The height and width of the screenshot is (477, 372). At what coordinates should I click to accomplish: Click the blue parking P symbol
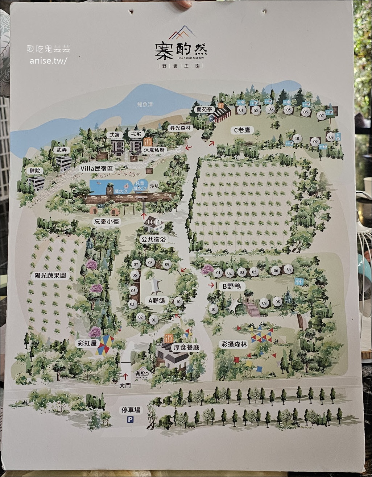point(130,420)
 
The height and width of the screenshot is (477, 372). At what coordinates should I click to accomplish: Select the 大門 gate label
point(125,386)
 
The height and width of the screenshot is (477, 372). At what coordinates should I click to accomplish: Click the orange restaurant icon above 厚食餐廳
point(169,338)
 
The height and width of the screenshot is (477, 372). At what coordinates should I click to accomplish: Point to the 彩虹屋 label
point(87,343)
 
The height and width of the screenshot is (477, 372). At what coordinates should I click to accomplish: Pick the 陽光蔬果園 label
point(50,275)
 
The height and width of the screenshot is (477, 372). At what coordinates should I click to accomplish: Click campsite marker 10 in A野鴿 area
point(178,301)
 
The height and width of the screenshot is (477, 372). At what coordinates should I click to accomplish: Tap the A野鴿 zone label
point(157,300)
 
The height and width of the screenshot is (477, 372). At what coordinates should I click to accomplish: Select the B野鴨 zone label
point(231,286)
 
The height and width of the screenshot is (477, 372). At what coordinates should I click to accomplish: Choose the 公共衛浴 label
point(152,239)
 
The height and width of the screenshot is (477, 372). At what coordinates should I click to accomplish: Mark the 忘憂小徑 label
point(107,221)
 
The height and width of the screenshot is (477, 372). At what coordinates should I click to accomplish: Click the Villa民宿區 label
point(97,168)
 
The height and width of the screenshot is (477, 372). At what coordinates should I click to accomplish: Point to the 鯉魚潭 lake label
point(145,105)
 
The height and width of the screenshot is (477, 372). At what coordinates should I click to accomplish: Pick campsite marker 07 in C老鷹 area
point(321,116)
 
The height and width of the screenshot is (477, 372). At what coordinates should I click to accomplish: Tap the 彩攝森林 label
point(234,344)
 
